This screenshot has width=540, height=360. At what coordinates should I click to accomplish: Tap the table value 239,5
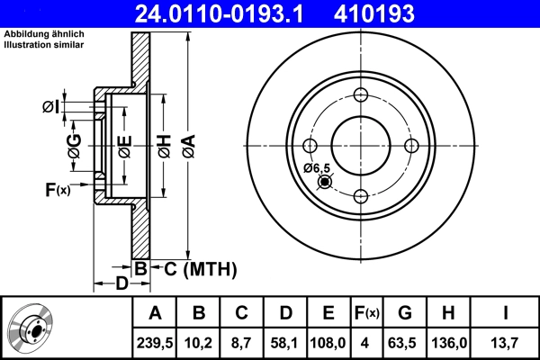click(156, 342)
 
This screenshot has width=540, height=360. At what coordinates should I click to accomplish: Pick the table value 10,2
click(200, 342)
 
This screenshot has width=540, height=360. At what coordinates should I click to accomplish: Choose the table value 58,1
click(285, 342)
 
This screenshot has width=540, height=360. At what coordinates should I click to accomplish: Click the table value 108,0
click(328, 342)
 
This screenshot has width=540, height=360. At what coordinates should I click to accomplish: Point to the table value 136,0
click(448, 342)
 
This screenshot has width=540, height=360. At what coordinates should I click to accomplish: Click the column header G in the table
click(405, 314)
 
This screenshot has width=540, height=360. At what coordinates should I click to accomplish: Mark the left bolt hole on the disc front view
click(310, 146)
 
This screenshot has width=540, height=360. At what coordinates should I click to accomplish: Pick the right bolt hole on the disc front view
click(411, 146)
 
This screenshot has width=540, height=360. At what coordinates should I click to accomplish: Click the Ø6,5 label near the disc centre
click(317, 168)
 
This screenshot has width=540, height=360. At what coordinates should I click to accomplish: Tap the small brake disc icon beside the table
click(34, 328)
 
